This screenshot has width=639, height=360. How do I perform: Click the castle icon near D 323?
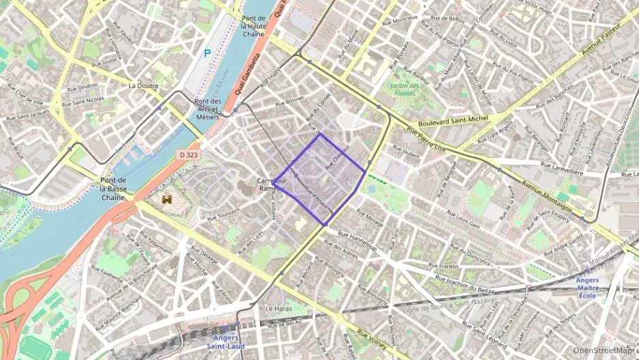pyautogui.click(x=167, y=199)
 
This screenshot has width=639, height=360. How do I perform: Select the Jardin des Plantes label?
pyautogui.click(x=405, y=89)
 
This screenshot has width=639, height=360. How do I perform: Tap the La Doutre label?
pyautogui.click(x=143, y=86)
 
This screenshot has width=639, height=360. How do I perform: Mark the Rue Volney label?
pyautogui.click(x=372, y=337)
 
